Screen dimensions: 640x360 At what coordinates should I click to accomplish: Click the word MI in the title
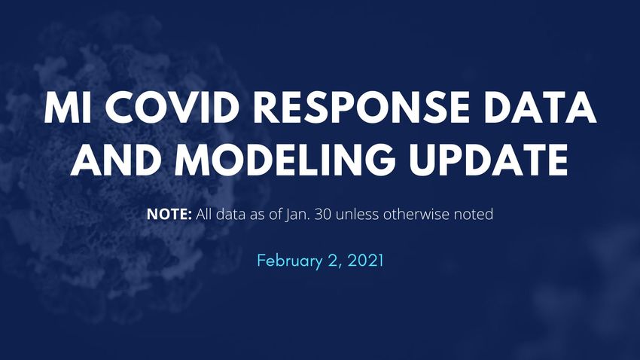(68, 108)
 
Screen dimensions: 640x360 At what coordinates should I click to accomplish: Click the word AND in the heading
(114, 160)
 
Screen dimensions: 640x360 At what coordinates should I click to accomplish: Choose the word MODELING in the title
(285, 160)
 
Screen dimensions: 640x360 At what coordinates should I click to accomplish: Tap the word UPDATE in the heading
(489, 160)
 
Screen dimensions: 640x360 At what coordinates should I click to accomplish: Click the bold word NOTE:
(169, 214)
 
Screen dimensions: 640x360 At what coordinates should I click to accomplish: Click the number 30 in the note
(323, 214)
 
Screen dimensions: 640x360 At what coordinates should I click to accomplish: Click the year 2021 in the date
(366, 261)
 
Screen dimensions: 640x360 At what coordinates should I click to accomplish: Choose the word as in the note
(258, 215)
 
